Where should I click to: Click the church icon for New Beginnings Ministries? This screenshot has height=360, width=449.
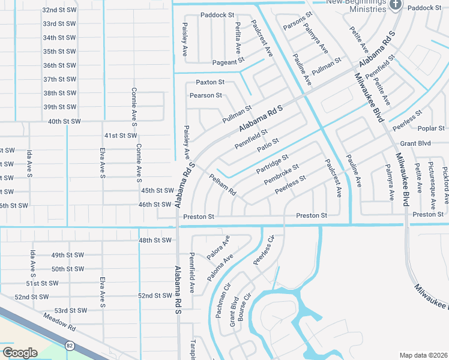pyautogui.click(x=395, y=5)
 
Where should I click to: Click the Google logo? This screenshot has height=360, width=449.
pyautogui.click(x=20, y=352)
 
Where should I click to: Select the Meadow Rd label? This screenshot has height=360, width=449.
pyautogui.click(x=59, y=325)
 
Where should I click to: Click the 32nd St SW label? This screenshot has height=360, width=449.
pyautogui.click(x=59, y=10)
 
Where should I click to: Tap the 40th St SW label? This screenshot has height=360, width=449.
pyautogui.click(x=64, y=121)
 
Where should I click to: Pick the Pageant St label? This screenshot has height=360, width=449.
pyautogui.click(x=228, y=61)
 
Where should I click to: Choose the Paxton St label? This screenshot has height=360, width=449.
pyautogui.click(x=210, y=82)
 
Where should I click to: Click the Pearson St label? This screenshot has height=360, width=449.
pyautogui.click(x=206, y=95)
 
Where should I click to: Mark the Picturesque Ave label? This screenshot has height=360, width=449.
pyautogui.click(x=431, y=181)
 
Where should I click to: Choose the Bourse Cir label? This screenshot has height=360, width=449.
pyautogui.click(x=243, y=307)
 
